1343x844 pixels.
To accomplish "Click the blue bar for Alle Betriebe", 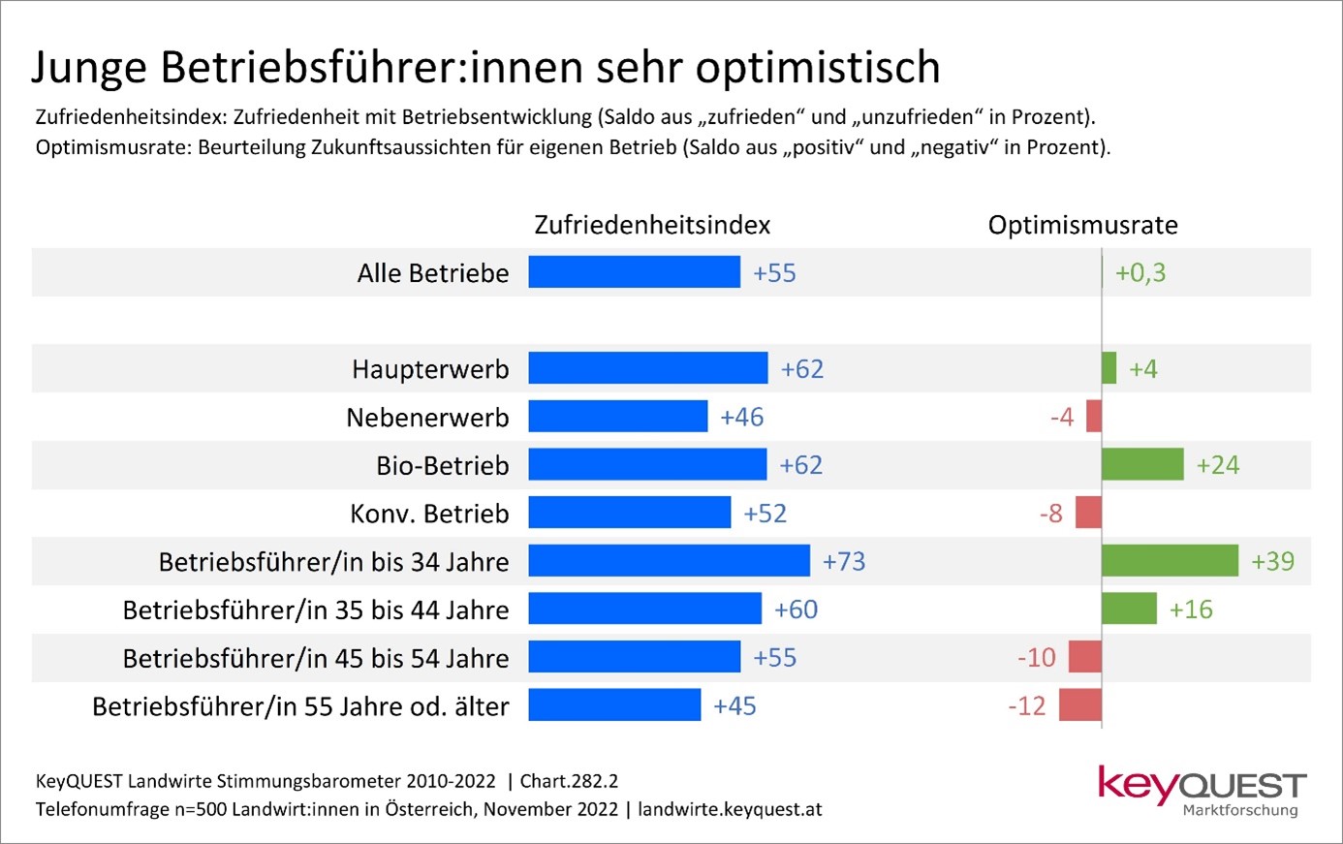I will tap(634, 272).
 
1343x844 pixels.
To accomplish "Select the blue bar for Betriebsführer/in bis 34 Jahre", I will tap(669, 561).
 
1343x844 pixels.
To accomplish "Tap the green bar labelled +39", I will tap(1170, 561).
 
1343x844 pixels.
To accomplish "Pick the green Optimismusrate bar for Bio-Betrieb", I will tap(1142, 465).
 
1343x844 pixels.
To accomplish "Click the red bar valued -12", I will tap(1080, 705).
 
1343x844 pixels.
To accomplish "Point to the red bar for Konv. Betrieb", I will tap(1088, 513).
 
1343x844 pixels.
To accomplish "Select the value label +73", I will tap(844, 561).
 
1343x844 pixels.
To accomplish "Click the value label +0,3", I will tap(1140, 272).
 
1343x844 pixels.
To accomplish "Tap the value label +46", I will tap(742, 417).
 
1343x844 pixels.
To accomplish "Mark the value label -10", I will tap(1036, 657).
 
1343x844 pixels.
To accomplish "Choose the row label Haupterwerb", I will tap(430, 369).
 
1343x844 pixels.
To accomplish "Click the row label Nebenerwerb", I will tap(427, 418).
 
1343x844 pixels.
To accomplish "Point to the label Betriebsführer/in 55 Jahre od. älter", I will tap(300, 706).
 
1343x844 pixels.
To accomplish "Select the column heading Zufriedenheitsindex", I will tap(652, 225).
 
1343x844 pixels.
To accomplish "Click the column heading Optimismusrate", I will tap(1082, 225).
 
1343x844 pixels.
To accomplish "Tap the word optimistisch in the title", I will tap(818, 68).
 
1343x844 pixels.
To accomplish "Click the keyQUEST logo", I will tap(1202, 790).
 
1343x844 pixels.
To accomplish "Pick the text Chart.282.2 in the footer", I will tap(569, 781).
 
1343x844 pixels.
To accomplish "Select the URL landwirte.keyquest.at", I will tap(730, 809).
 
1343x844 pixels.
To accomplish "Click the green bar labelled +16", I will tap(1129, 609).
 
